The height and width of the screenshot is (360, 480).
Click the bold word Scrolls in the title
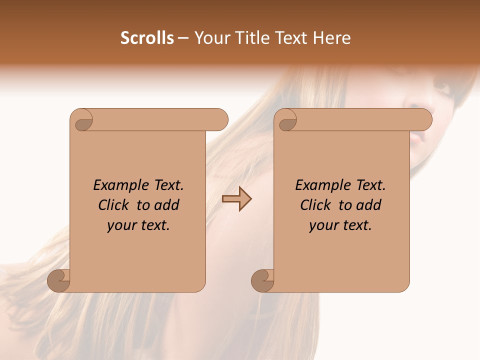147,38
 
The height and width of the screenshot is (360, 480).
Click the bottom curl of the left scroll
59,280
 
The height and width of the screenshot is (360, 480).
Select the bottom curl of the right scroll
262,280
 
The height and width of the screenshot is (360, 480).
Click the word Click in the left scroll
113,205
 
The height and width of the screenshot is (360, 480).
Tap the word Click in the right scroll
315,205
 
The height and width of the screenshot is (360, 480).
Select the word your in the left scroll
120,226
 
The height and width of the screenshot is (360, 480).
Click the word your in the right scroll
322,226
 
